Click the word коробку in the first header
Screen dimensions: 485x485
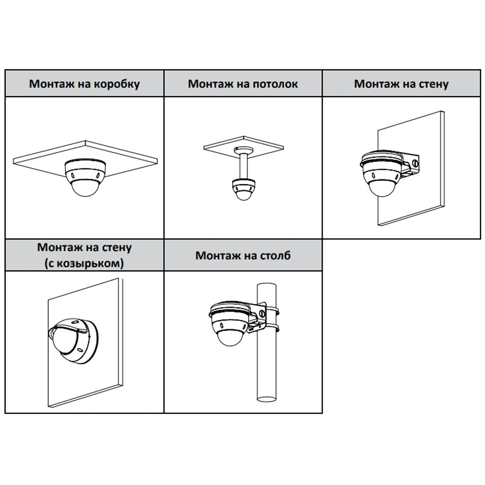coord(117,84)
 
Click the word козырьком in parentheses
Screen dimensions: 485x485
coord(87,263)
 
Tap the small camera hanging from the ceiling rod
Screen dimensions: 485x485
coord(244,189)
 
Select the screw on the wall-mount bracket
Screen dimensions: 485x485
coord(416,163)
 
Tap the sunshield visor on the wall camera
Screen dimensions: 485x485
coord(70,326)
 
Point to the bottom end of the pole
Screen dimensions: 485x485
coord(267,398)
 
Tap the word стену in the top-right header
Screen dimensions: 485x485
coord(433,84)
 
